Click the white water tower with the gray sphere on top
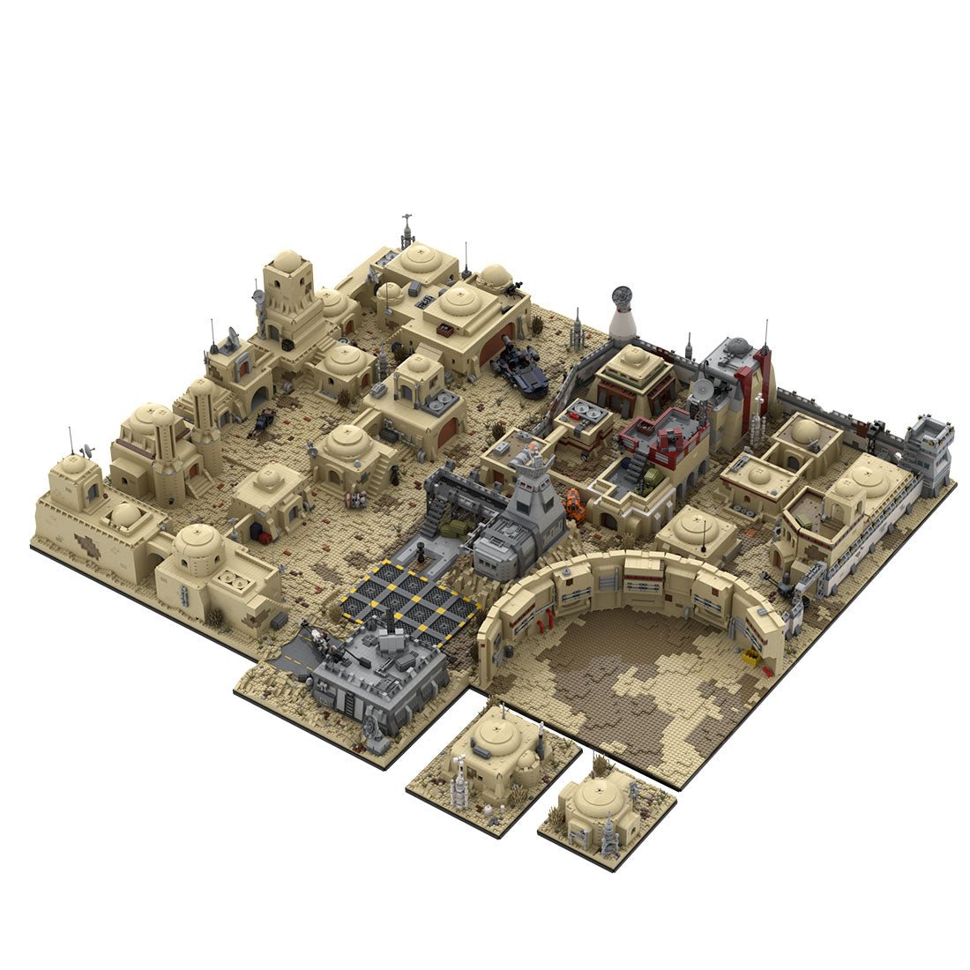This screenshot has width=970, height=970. tap(623, 316)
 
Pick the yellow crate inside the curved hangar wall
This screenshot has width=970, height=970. tap(750, 655)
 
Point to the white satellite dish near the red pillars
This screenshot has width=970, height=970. tap(703, 388)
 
